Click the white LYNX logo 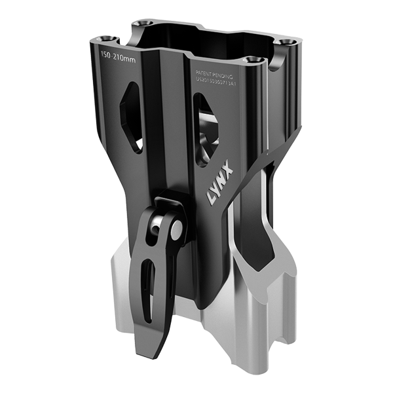[x=217, y=193]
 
